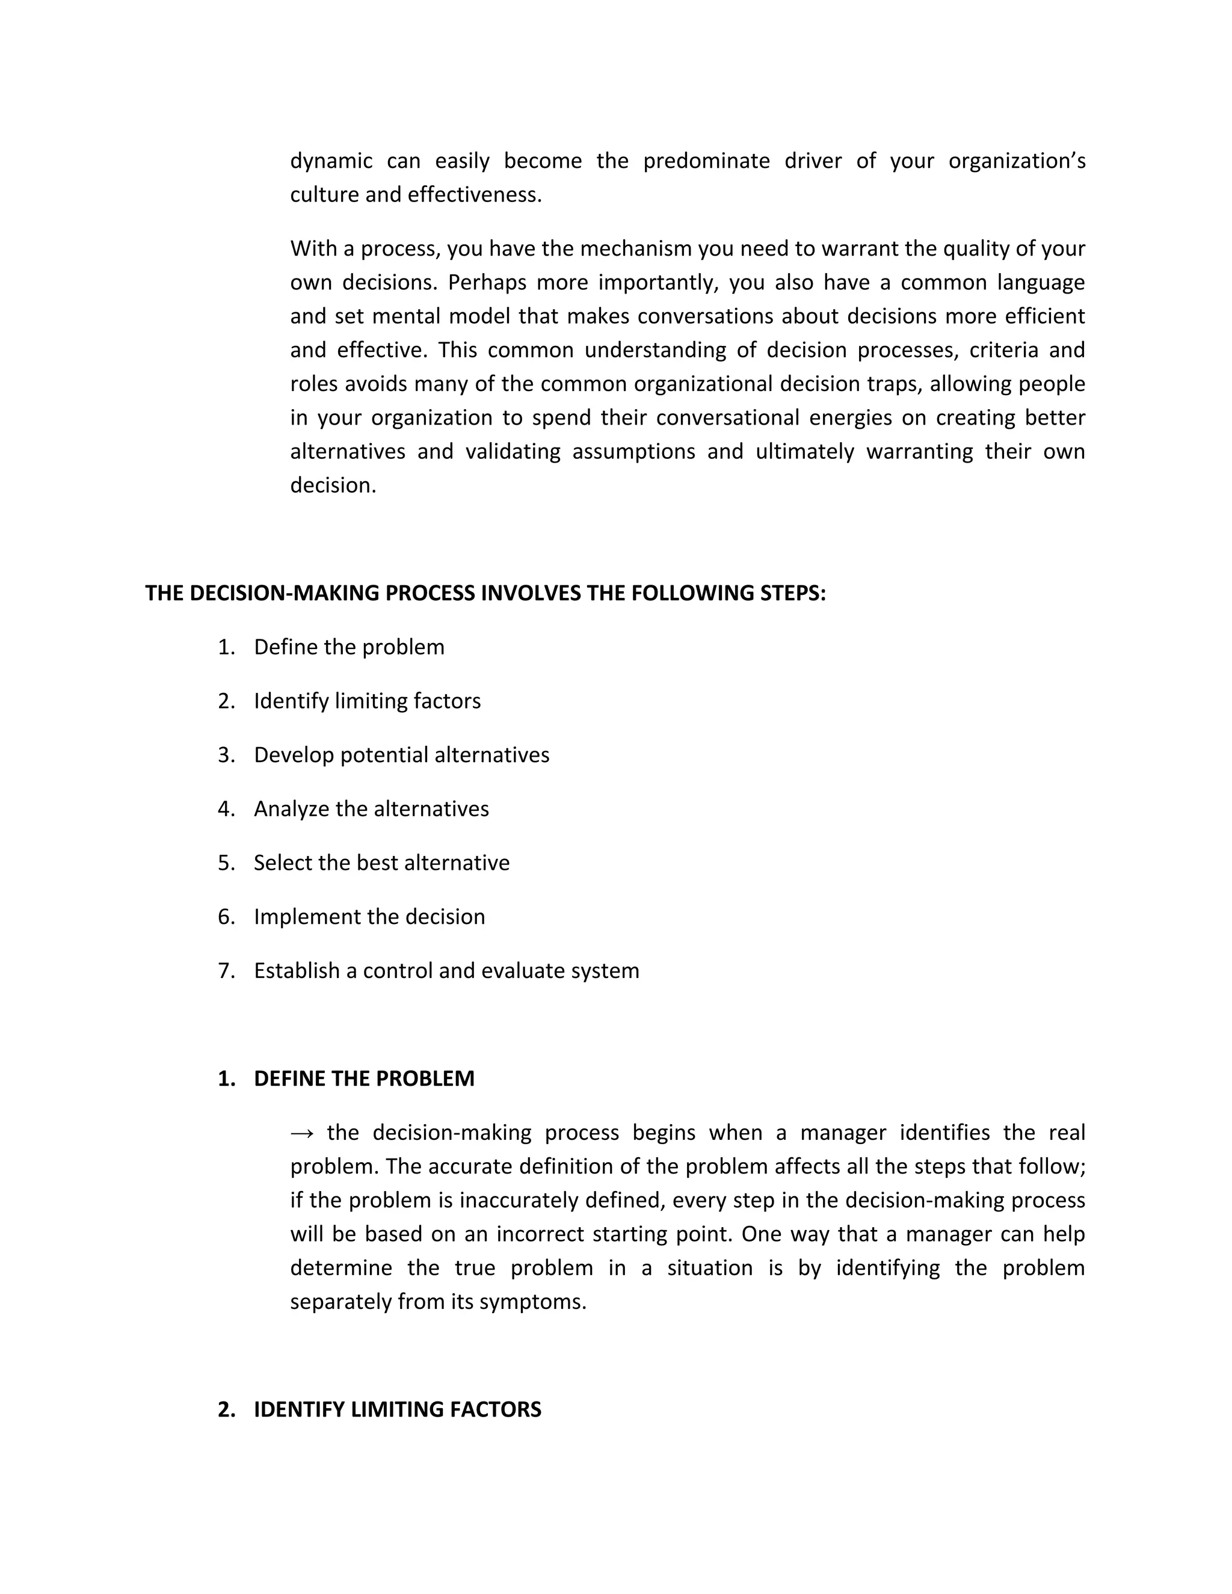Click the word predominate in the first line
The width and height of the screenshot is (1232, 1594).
coord(706,161)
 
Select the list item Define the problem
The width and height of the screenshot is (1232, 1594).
coord(349,647)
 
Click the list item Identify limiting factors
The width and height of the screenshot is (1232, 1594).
coord(367,701)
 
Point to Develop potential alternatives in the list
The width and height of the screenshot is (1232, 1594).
coord(401,755)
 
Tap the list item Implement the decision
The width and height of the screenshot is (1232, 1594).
coord(369,917)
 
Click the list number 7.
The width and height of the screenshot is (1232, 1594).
coord(226,971)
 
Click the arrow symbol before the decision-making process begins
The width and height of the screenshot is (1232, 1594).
coord(301,1133)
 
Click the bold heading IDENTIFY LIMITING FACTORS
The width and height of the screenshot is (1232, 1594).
coord(397,1410)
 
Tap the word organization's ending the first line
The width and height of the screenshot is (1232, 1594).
coord(1016,161)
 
